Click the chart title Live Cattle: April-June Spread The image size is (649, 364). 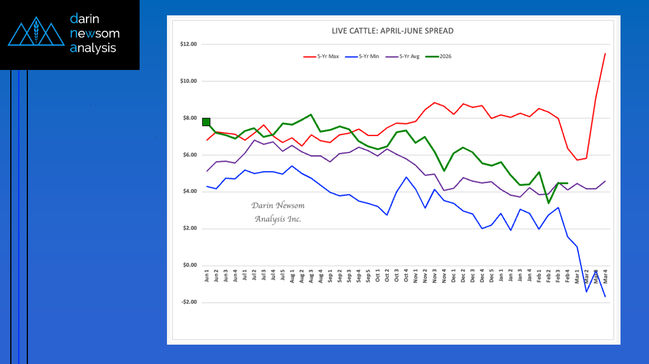393,31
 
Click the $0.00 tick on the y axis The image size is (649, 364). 189,266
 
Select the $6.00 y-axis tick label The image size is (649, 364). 189,155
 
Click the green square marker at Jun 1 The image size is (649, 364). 206,122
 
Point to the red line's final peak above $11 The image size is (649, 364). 605,53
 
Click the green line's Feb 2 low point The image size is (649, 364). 548,203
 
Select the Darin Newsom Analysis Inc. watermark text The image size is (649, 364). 277,212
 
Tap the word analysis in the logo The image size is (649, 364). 93,48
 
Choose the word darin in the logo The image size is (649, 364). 85,19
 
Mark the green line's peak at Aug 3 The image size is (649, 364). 311,114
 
